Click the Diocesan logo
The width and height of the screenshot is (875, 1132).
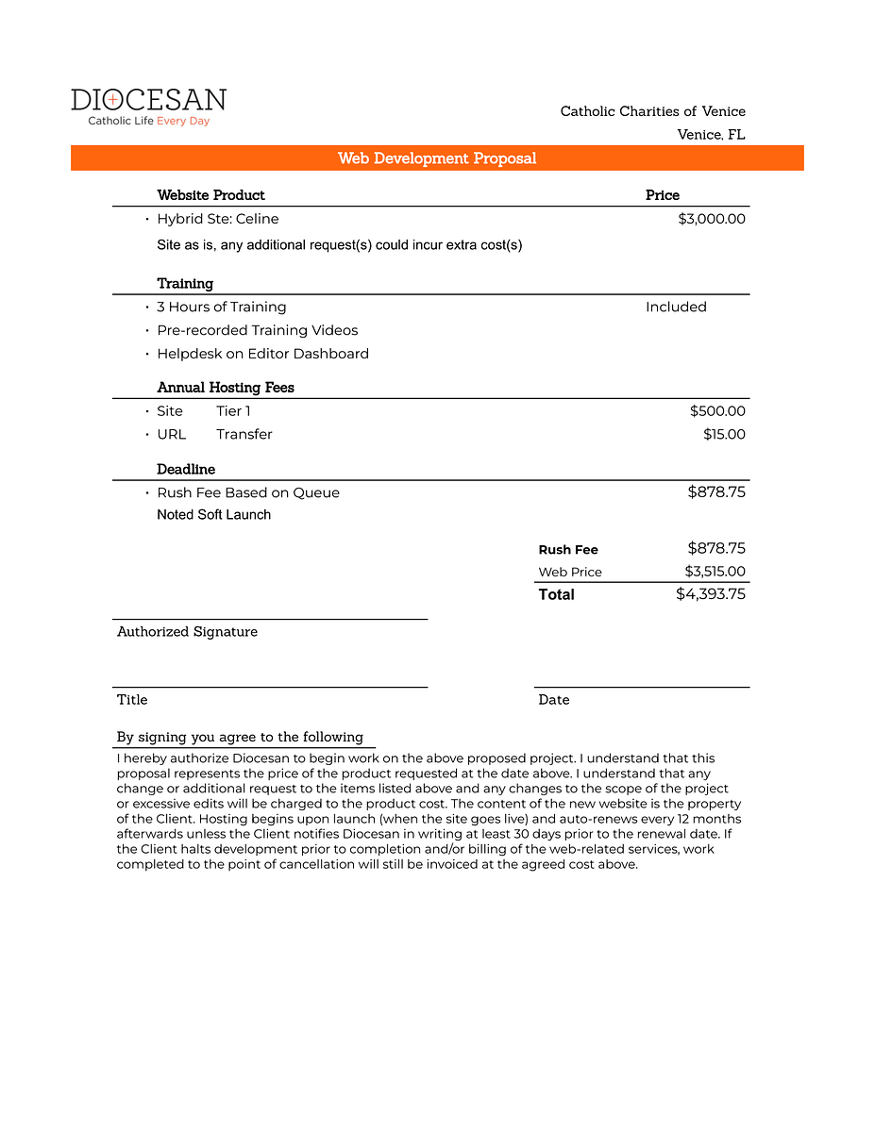click(x=148, y=107)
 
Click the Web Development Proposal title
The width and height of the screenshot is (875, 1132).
click(x=437, y=158)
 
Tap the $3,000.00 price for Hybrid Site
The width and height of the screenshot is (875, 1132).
click(x=712, y=219)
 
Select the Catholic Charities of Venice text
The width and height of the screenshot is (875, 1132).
click(x=652, y=111)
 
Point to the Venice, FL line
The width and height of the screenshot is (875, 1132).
click(x=711, y=135)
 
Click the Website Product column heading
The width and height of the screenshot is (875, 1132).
click(x=210, y=195)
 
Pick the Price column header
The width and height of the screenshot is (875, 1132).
click(x=662, y=195)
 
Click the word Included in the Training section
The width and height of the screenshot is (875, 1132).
click(x=676, y=307)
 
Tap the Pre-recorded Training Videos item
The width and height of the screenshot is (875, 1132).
click(x=257, y=330)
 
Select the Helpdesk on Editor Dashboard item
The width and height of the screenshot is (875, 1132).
click(x=262, y=354)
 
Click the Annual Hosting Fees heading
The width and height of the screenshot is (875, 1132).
click(x=226, y=388)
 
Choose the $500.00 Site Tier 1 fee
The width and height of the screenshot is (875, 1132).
click(x=717, y=411)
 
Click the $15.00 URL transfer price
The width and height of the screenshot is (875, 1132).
click(x=724, y=435)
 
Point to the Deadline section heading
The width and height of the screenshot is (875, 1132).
click(x=186, y=470)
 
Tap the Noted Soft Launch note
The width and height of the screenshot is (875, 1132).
click(x=213, y=515)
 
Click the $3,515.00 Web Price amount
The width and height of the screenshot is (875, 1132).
click(x=715, y=572)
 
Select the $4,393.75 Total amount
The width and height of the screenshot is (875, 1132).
click(x=711, y=594)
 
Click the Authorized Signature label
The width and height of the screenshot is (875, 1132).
click(x=187, y=632)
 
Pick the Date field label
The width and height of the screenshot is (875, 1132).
click(x=553, y=700)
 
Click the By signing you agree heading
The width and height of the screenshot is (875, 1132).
click(x=240, y=738)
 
